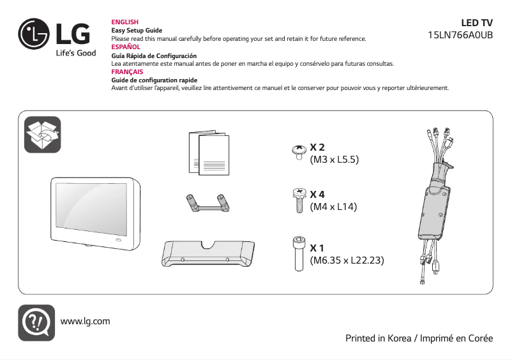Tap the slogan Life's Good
click(x=75, y=53)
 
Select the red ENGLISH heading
click(x=125, y=22)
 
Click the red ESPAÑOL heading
click(x=126, y=47)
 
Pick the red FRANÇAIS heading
click(x=127, y=72)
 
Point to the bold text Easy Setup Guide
click(x=137, y=31)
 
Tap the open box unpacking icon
click(x=42, y=135)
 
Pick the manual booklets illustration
click(x=209, y=153)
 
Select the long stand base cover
click(x=208, y=254)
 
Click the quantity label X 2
click(x=317, y=147)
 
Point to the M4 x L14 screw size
click(x=333, y=207)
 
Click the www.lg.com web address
click(x=85, y=320)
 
